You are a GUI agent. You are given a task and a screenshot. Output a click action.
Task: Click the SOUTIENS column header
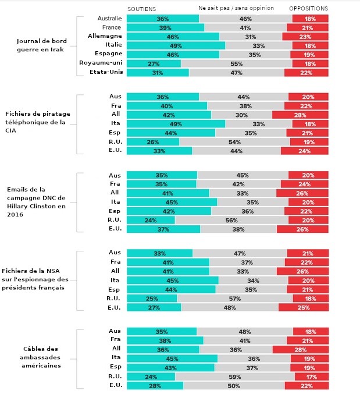[141, 9]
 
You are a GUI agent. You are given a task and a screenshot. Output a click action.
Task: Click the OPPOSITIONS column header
[308, 9]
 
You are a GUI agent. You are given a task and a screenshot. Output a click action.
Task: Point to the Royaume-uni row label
[100, 63]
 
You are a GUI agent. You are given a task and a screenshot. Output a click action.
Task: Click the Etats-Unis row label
[104, 72]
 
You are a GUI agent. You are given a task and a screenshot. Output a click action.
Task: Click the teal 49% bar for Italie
[176, 45]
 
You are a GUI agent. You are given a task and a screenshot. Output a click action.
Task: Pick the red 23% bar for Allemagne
[305, 37]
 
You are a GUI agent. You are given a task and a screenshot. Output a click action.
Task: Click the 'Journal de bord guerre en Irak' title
[41, 45]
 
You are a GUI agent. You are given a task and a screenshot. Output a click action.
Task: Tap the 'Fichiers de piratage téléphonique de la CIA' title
[38, 123]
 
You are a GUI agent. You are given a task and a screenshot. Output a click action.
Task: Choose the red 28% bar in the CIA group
[300, 115]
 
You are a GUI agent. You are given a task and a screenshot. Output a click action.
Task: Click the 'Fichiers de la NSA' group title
[35, 279]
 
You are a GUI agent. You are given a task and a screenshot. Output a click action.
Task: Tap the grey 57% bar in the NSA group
[234, 298]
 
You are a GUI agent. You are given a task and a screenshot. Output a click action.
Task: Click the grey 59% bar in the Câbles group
[233, 376]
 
